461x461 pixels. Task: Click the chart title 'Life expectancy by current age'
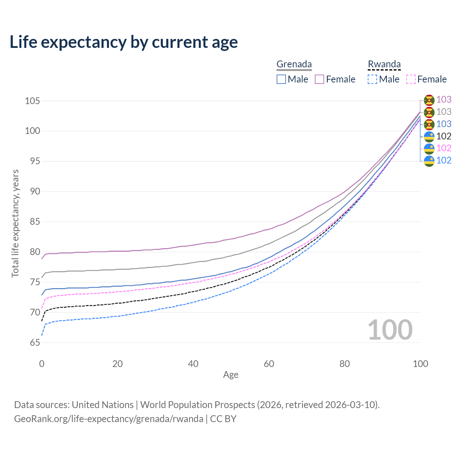pos(124,42)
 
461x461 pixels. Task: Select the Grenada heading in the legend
pos(294,64)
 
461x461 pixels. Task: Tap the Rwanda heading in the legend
pos(384,64)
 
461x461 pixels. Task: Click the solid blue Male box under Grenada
pos(281,79)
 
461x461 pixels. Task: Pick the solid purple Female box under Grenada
pos(319,79)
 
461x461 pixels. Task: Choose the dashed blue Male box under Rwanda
pos(372,79)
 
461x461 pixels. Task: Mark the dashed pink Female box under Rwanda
pos(411,79)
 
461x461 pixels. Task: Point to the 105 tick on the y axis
pos(32,101)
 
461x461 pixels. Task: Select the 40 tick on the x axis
pos(193,364)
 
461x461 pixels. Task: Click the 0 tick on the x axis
pos(42,364)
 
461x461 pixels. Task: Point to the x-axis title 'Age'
pos(230,375)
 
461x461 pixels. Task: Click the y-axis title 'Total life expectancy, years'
pos(15,224)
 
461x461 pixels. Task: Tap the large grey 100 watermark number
pos(390,330)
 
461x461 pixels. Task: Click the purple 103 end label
pos(444,100)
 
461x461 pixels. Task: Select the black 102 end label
pos(444,136)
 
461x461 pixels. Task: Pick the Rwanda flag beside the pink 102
pos(429,148)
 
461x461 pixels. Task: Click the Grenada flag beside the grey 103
pos(429,112)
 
